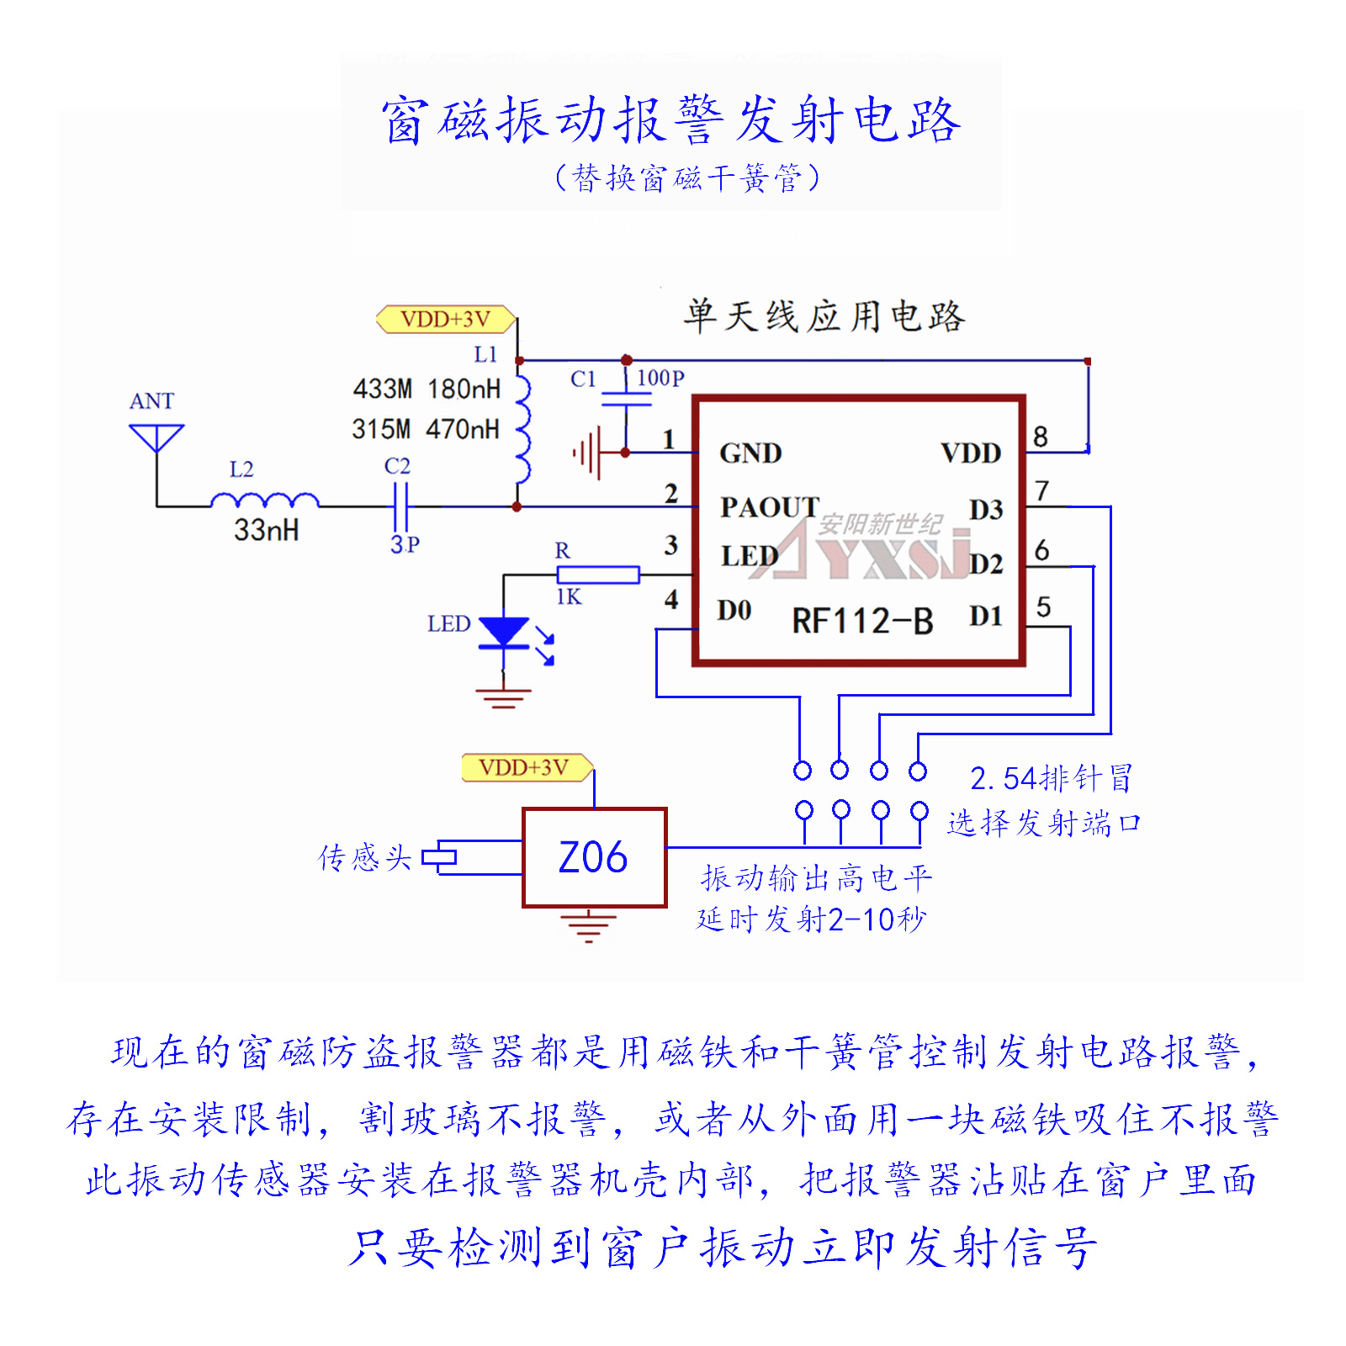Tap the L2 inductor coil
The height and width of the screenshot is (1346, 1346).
click(264, 501)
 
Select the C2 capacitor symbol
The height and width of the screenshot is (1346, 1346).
click(400, 506)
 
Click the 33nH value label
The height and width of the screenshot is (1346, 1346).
click(266, 530)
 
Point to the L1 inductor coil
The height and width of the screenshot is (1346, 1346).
click(523, 429)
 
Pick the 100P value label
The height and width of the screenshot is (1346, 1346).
click(660, 379)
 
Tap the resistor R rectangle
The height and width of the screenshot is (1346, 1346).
click(598, 575)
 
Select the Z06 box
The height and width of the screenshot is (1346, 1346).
click(594, 857)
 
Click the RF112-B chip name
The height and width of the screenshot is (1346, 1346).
click(862, 622)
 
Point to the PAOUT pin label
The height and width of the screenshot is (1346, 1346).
click(769, 507)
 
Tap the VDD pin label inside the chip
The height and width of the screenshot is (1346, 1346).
click(971, 453)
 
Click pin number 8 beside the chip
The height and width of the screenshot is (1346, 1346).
click(1041, 437)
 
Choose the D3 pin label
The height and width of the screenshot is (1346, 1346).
click(986, 510)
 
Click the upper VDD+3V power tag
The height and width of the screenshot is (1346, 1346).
click(445, 320)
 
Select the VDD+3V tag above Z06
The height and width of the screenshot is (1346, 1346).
click(525, 767)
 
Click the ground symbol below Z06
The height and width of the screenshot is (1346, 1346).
click(588, 925)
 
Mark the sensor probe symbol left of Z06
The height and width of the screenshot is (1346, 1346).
click(439, 857)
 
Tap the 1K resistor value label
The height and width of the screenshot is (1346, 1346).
click(569, 597)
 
